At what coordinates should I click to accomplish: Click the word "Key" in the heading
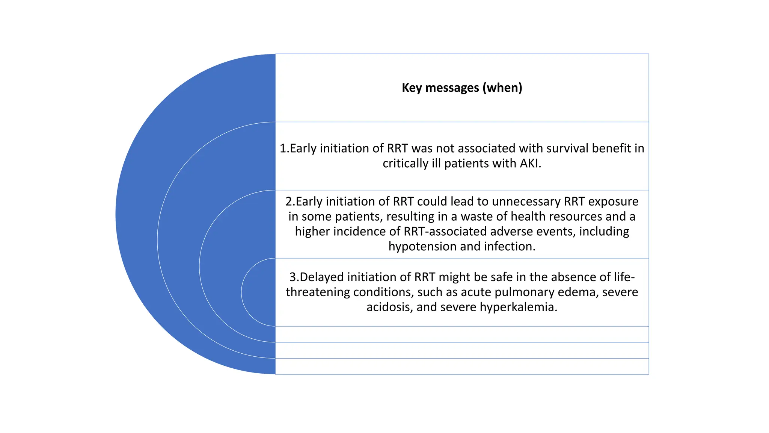pos(412,88)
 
